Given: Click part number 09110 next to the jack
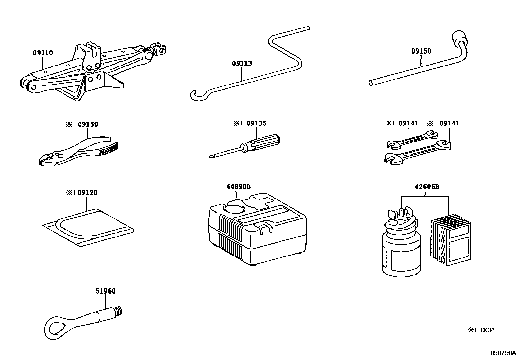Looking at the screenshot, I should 43,53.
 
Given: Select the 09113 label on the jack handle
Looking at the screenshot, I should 242,63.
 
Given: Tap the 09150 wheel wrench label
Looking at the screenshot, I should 421,51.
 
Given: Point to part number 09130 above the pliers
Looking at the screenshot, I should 88,124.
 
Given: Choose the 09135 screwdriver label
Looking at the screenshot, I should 256,123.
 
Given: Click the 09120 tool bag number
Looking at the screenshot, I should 87,193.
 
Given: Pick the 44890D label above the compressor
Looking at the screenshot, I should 238,187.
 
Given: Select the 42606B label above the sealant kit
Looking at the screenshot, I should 426,187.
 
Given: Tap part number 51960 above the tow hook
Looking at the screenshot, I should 105,291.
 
